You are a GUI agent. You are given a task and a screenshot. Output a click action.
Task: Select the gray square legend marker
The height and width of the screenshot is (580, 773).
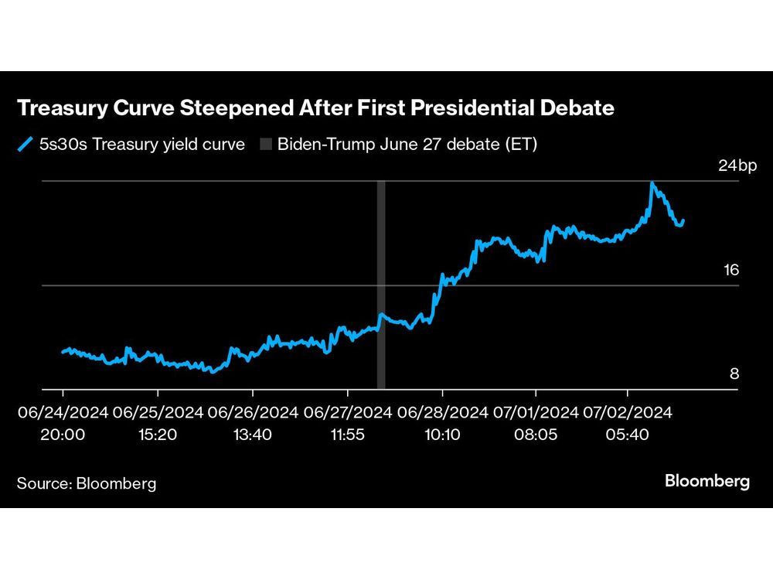pyautogui.click(x=267, y=144)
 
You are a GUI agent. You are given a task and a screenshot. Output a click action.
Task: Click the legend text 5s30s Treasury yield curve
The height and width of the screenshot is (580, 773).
pyautogui.click(x=142, y=144)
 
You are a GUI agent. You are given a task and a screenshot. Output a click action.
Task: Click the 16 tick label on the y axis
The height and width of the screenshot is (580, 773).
pyautogui.click(x=730, y=270)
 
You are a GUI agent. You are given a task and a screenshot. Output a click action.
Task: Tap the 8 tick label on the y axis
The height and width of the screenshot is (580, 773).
pyautogui.click(x=734, y=374)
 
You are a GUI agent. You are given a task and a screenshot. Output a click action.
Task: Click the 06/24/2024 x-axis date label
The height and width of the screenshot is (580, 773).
pyautogui.click(x=63, y=412)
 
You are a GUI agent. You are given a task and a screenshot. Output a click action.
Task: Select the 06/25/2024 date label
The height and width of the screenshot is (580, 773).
pyautogui.click(x=158, y=412)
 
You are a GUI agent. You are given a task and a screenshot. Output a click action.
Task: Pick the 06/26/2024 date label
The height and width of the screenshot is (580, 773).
pyautogui.click(x=253, y=412)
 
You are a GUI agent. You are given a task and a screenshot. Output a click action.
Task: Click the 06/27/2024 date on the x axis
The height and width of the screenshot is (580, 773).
pyautogui.click(x=348, y=412)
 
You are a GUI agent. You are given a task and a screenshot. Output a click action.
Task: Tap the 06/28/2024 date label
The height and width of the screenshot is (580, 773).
pyautogui.click(x=442, y=412)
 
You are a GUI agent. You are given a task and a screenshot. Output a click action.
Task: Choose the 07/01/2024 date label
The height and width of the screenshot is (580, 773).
pyautogui.click(x=536, y=412)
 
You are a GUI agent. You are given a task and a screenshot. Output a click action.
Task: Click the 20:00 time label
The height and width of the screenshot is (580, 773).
pyautogui.click(x=63, y=435)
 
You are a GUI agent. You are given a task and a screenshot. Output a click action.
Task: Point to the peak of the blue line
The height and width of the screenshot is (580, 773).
pyautogui.click(x=653, y=183)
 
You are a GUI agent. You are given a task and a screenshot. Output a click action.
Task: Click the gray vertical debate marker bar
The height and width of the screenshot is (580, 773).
pyautogui.click(x=381, y=286)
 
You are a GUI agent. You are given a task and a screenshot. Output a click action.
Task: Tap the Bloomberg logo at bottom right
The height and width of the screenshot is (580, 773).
pyautogui.click(x=707, y=481)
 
